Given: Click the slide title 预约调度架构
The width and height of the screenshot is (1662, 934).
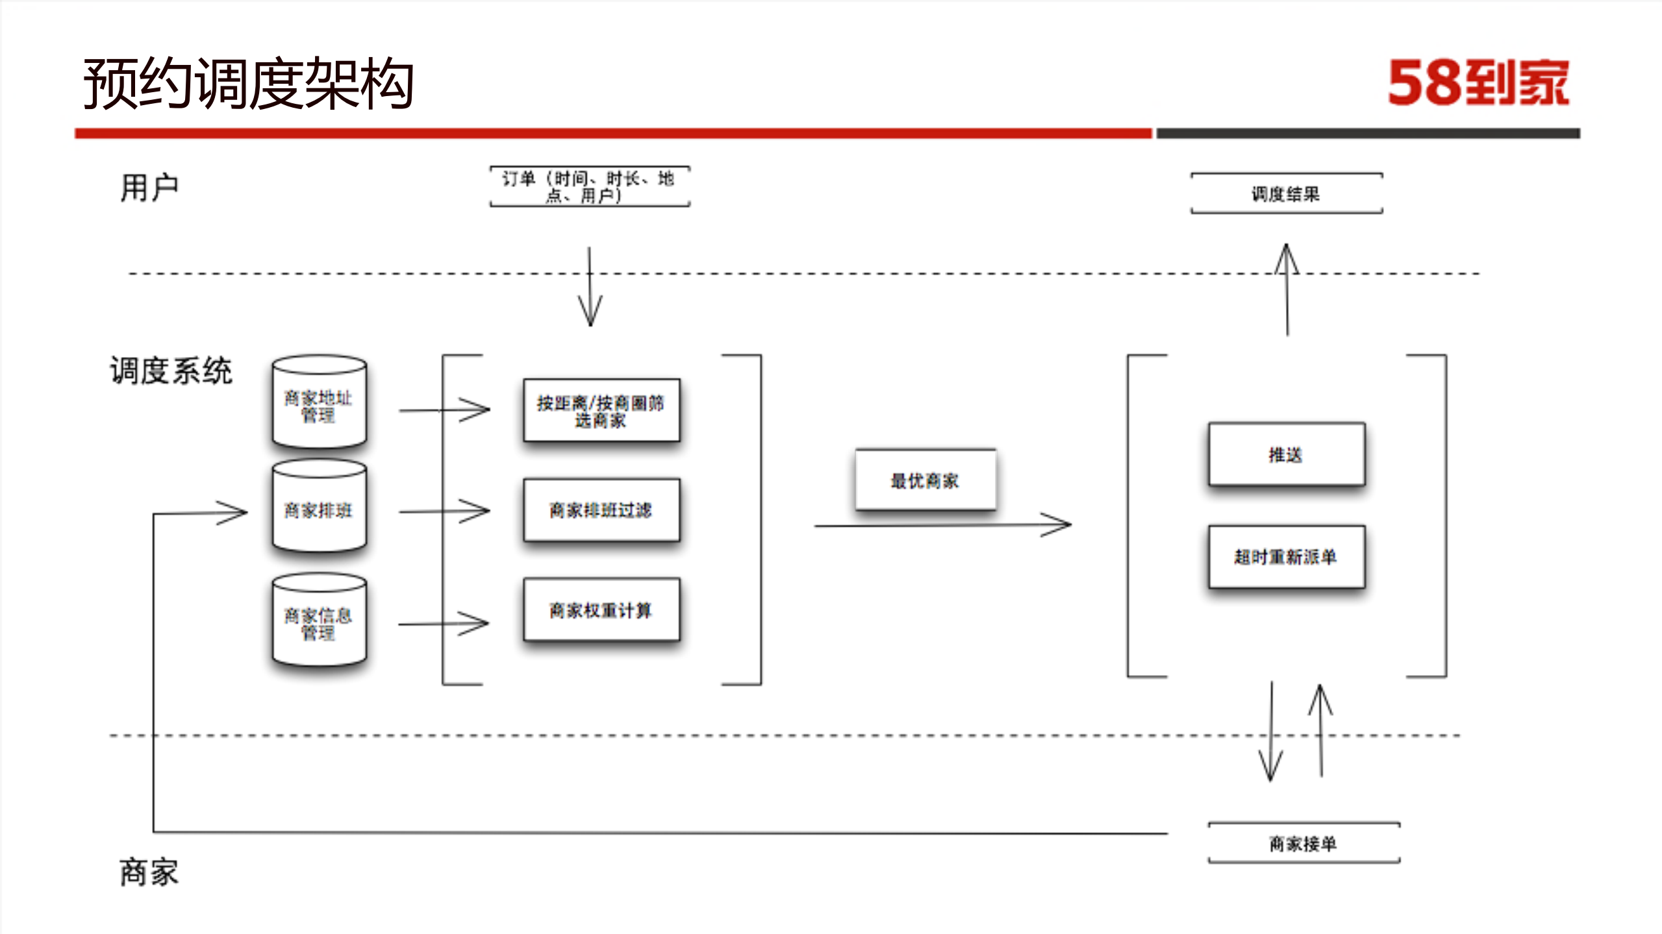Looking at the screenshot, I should (x=249, y=83).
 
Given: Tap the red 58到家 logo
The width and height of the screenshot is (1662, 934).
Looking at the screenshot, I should (x=1478, y=83).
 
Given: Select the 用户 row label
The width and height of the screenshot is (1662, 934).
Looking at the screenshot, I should (x=149, y=188).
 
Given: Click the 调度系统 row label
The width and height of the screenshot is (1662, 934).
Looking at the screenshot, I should (x=171, y=371).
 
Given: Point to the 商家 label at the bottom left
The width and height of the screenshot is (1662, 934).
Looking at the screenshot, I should (x=149, y=872).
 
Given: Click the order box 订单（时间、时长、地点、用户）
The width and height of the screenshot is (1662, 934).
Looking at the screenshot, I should (x=590, y=187).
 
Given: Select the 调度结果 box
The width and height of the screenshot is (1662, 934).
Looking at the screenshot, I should (x=1286, y=193).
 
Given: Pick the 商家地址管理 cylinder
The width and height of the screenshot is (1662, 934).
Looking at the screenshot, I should (x=319, y=402).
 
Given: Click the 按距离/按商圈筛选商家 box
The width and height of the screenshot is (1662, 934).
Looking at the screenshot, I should (x=601, y=411).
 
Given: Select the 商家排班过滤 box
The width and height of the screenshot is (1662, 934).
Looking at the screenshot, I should (x=601, y=510).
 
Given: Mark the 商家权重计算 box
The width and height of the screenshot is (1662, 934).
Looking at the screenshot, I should (x=601, y=610).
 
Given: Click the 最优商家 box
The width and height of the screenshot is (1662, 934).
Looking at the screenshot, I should (x=925, y=480).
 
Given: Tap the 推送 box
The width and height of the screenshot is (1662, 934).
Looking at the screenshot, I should (x=1286, y=454).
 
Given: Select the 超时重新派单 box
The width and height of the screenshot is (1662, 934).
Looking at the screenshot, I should (x=1286, y=557).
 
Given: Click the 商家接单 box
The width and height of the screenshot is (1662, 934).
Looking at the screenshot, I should (x=1303, y=843).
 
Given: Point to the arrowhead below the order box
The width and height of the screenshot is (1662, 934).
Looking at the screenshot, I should (x=590, y=313).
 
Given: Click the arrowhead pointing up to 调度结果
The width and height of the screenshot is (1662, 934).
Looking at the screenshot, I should (x=1287, y=257).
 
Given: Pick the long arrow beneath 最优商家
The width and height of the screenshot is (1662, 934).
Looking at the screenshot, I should (x=942, y=524).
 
